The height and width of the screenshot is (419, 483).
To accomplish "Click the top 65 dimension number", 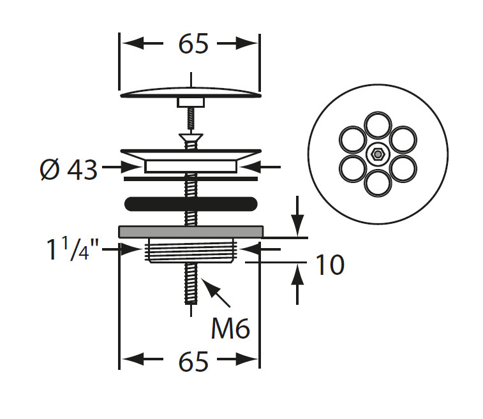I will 194,44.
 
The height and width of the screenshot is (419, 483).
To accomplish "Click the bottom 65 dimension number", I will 194,361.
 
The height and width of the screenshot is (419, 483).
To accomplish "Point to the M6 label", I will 230,329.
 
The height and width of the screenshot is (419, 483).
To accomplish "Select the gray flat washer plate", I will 191,232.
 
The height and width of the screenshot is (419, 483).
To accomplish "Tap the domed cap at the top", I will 191,92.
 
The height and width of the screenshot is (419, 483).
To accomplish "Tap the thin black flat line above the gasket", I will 191,179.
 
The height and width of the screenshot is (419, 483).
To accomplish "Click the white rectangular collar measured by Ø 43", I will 191,166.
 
